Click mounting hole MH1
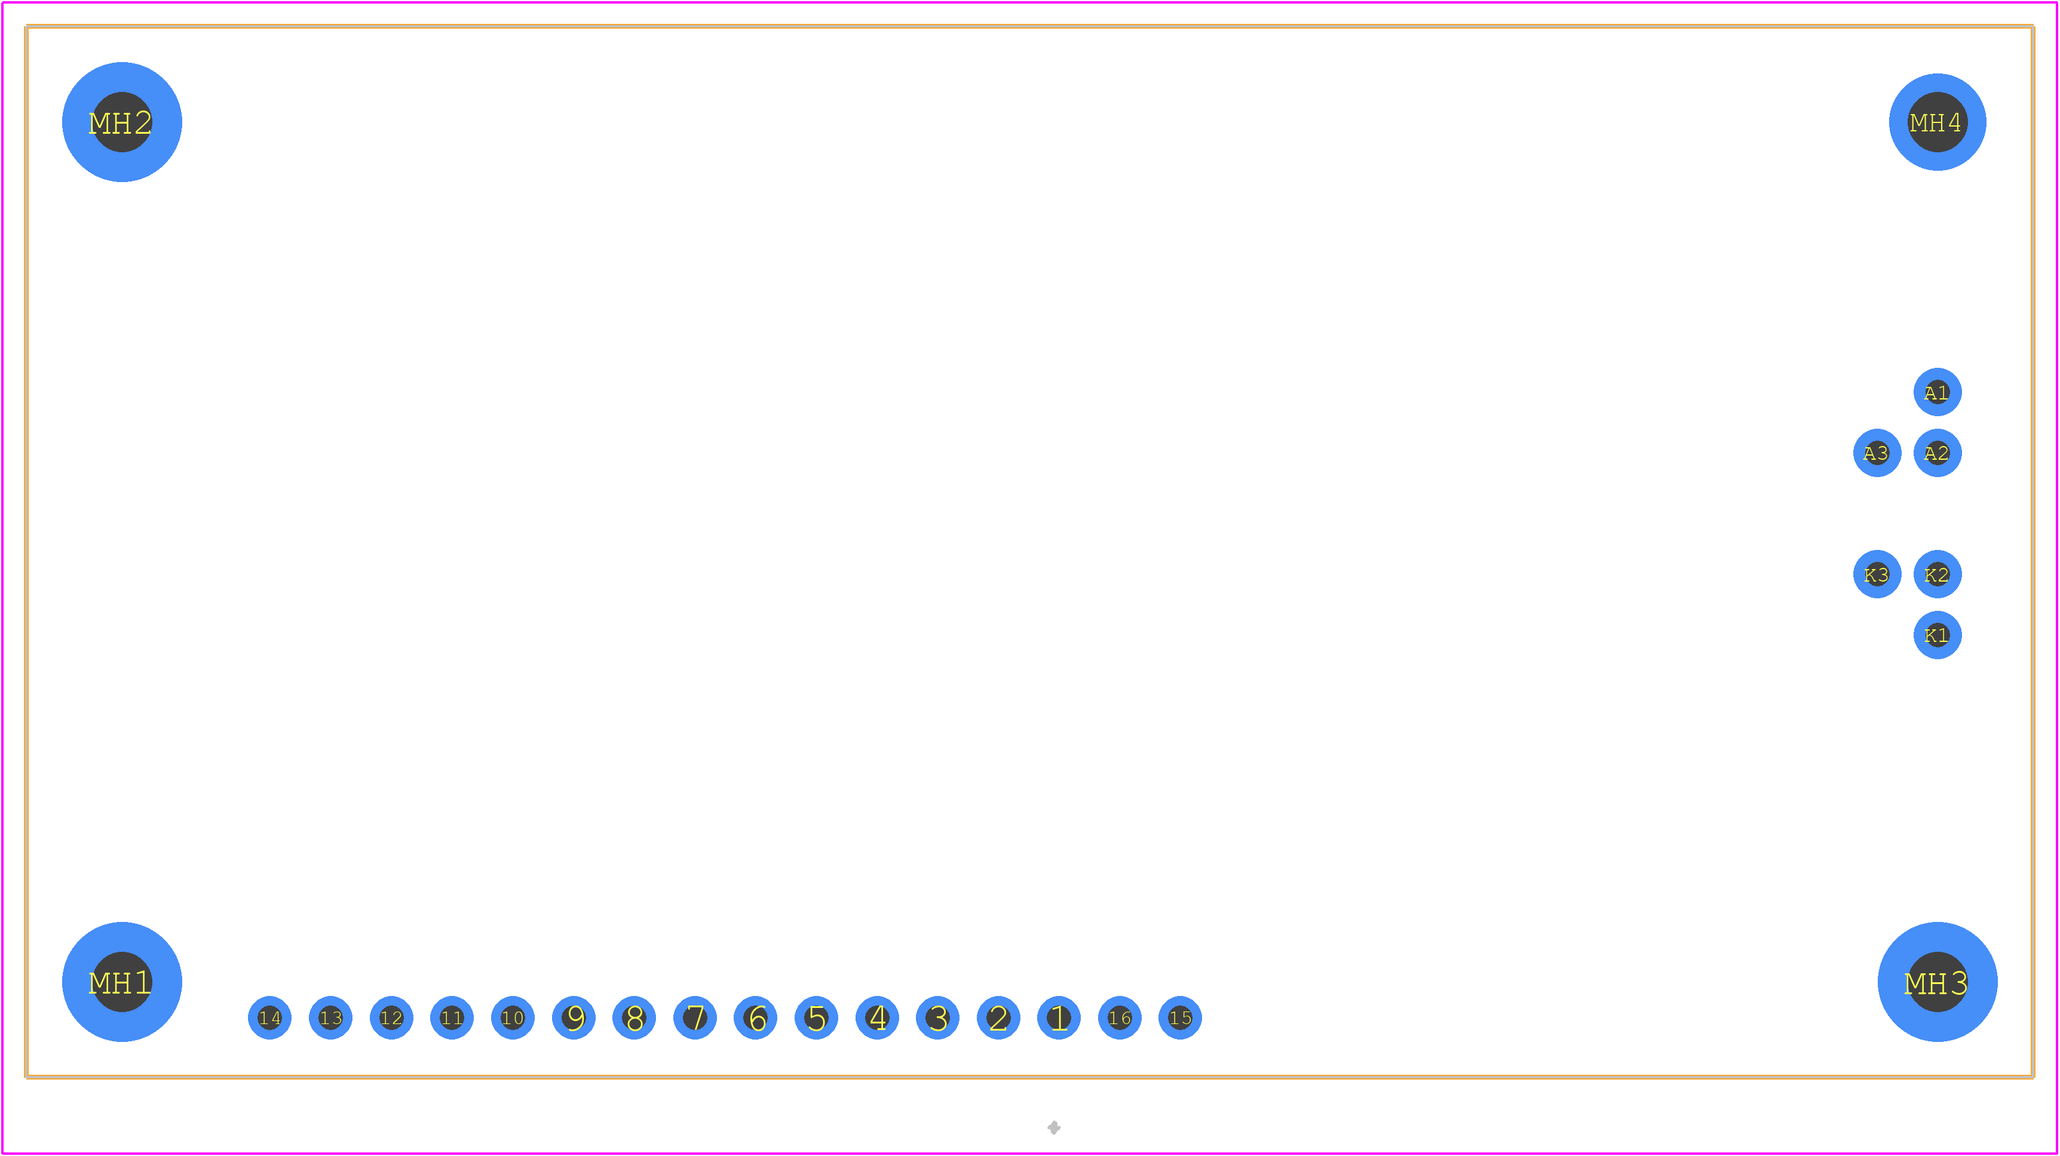point(121,982)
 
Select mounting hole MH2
point(121,122)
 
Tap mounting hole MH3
point(1937,982)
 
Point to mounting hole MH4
point(1937,122)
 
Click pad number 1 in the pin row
point(1059,1017)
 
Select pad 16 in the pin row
point(1120,1017)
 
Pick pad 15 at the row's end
point(1181,1017)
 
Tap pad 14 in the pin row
point(269,1017)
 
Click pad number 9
point(574,1017)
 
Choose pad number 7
point(695,1017)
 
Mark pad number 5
point(817,1017)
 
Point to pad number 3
point(937,1017)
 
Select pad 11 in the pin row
point(452,1017)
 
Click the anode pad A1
point(1937,392)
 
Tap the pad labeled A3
point(1877,453)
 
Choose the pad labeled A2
point(1937,453)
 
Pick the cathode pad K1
point(1937,635)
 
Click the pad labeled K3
point(1877,574)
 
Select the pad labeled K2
point(1937,574)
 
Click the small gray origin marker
point(1054,1127)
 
